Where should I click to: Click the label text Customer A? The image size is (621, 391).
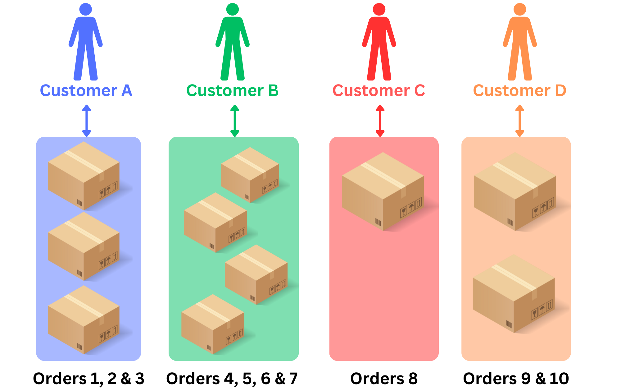click(x=86, y=91)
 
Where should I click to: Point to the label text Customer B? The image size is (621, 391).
click(x=233, y=91)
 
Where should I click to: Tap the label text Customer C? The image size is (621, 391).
click(x=379, y=91)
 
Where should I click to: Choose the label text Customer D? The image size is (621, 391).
click(x=520, y=91)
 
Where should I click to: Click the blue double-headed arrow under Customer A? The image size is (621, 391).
click(x=87, y=121)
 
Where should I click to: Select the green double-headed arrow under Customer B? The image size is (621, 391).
click(x=235, y=121)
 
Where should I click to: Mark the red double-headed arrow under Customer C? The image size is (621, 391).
click(x=380, y=121)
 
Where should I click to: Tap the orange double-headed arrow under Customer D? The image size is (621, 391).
click(x=520, y=121)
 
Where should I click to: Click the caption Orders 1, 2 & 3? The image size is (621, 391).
click(x=89, y=379)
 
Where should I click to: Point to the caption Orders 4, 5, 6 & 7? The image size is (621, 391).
click(x=232, y=379)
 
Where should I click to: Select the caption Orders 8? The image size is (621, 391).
click(x=384, y=379)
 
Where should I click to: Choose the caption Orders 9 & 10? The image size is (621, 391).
click(x=516, y=379)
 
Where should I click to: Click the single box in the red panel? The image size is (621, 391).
click(x=383, y=191)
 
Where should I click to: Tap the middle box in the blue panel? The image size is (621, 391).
click(x=84, y=246)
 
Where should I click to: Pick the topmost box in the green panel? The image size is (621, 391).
click(x=250, y=175)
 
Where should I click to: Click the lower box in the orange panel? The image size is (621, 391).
click(x=514, y=294)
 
